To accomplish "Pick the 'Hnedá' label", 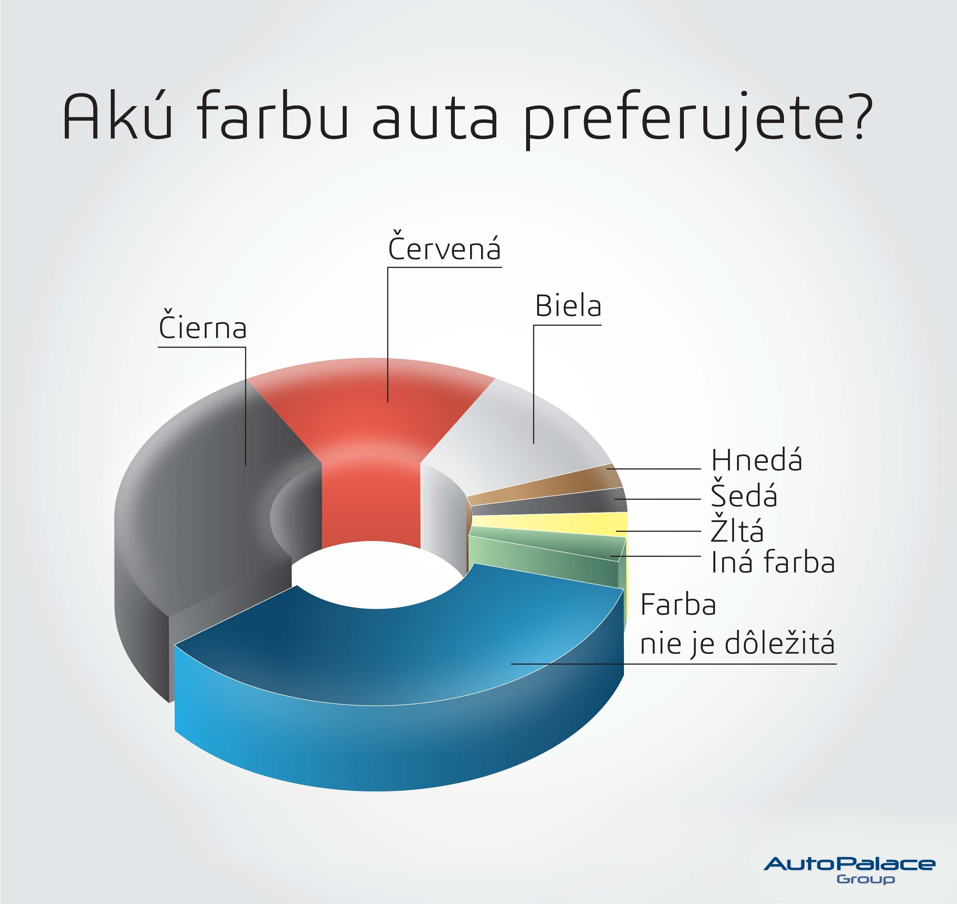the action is (x=757, y=460).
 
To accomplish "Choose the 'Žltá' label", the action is (x=737, y=528).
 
